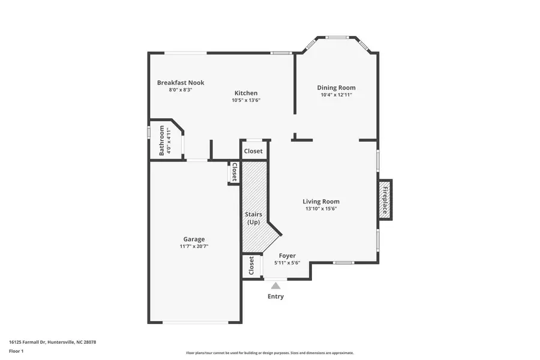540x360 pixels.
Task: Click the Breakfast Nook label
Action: click(x=181, y=83)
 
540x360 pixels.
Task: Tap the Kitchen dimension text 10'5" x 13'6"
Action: click(x=246, y=100)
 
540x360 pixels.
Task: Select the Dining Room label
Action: click(x=336, y=88)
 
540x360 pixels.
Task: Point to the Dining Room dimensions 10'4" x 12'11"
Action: click(x=336, y=95)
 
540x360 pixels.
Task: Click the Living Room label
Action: click(x=321, y=202)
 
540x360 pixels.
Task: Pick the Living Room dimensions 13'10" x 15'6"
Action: click(x=321, y=209)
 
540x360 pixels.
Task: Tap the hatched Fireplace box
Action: click(x=385, y=200)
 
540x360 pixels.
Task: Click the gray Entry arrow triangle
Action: click(x=275, y=286)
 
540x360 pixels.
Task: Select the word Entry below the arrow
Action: click(x=275, y=296)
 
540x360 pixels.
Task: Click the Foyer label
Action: click(x=287, y=256)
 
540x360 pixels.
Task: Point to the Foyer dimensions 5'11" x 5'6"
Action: click(x=287, y=263)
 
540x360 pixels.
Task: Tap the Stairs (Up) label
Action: click(x=253, y=218)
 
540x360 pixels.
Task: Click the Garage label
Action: click(x=194, y=239)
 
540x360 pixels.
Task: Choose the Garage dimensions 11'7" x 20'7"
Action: click(x=194, y=247)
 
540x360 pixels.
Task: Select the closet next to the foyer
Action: click(x=251, y=266)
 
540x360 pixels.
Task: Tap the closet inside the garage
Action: click(x=234, y=172)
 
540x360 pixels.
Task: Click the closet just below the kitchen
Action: click(x=253, y=151)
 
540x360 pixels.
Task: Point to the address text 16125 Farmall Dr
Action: click(x=28, y=342)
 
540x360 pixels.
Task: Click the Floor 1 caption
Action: click(x=16, y=352)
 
